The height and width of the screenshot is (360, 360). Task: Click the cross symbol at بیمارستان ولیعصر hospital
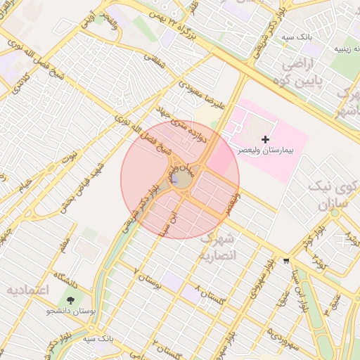point(265,140)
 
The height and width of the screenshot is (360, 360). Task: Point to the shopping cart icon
point(286,260)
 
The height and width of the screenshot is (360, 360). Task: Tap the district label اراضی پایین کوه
point(304,72)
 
